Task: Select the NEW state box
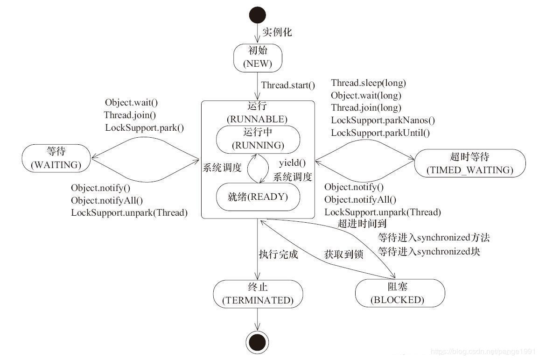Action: (x=257, y=57)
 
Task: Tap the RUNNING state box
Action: (x=258, y=139)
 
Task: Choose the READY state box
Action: (x=258, y=197)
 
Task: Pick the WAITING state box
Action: (x=56, y=159)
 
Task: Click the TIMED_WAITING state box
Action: (x=469, y=163)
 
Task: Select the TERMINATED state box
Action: (x=258, y=294)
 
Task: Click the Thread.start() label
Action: (x=288, y=85)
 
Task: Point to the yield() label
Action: (x=292, y=163)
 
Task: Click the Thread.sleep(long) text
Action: (x=368, y=83)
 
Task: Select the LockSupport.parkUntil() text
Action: (x=380, y=133)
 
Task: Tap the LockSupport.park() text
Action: (x=144, y=127)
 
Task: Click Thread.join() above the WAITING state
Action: (x=130, y=115)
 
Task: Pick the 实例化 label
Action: (x=277, y=32)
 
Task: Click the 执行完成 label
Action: (x=278, y=254)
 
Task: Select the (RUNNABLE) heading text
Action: (x=257, y=119)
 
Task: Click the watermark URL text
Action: (x=483, y=351)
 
